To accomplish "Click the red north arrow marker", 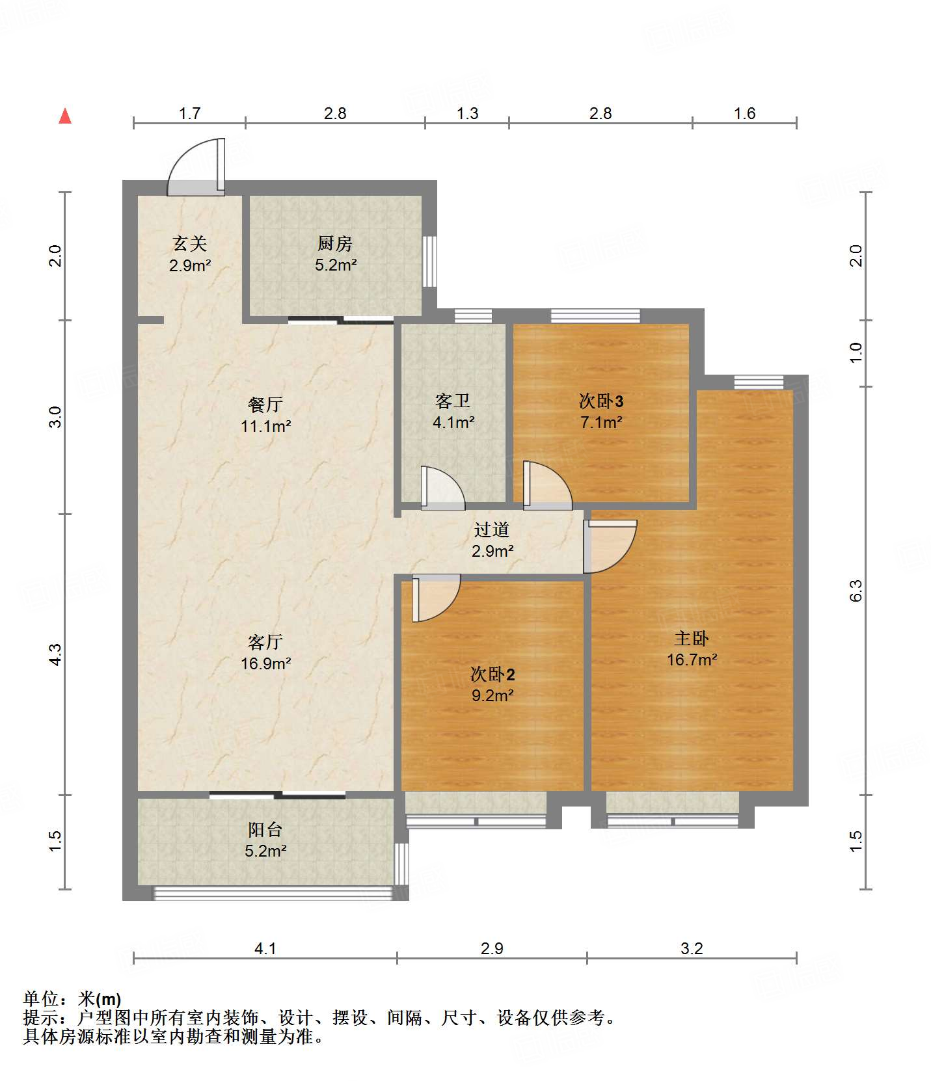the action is coord(65,116).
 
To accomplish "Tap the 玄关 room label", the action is coord(190,254).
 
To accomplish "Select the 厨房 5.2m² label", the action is coord(336,254).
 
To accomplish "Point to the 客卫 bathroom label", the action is coord(453,411).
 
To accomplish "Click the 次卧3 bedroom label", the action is coord(601,411).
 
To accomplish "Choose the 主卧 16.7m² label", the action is coord(692,648).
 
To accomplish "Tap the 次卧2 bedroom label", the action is coord(492,684).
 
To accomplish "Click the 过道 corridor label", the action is coord(492,540).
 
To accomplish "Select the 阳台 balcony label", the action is coord(265,840).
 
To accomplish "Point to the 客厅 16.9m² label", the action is coord(265,652).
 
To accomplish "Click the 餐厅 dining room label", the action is coord(265,415).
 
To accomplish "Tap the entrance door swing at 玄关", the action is coord(196,167).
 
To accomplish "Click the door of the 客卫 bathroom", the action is coord(442,487).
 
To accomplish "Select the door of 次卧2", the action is coord(436,598).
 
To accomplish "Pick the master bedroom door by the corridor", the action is coord(610,546).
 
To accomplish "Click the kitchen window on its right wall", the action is coord(429,261).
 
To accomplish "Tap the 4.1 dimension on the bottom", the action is coord(265,948).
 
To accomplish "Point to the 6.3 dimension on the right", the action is coord(856,590).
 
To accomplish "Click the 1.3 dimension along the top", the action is coord(467,114).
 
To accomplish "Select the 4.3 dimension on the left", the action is coord(55,654).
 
